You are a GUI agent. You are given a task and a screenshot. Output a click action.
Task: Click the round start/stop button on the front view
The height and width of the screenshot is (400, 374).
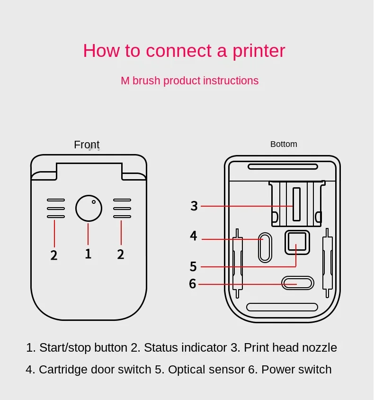click(x=89, y=208)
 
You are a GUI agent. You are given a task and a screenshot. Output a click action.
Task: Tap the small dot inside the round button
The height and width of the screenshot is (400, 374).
click(x=94, y=202)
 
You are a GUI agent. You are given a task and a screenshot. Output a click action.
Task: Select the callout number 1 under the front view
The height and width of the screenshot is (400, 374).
click(x=88, y=254)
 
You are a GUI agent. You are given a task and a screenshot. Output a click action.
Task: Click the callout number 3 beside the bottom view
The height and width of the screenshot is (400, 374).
click(x=194, y=206)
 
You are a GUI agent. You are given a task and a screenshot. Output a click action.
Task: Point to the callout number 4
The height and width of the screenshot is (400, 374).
click(x=193, y=236)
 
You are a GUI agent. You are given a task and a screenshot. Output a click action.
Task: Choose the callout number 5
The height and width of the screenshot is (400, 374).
click(x=193, y=266)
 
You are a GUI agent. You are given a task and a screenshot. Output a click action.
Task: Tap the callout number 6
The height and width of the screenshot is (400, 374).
click(x=192, y=284)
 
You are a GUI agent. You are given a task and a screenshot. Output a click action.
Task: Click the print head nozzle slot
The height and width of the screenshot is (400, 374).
click(x=296, y=204)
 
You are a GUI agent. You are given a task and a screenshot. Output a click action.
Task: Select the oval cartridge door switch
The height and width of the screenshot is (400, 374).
click(x=265, y=247)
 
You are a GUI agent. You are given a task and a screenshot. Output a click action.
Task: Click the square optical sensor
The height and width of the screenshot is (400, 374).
click(x=297, y=242)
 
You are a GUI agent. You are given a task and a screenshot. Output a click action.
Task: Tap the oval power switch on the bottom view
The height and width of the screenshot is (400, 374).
click(x=297, y=283)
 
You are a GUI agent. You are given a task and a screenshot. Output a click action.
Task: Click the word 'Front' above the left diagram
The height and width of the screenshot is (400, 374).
click(x=87, y=145)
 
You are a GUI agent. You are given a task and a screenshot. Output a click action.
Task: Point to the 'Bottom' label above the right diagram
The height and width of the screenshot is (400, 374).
click(x=284, y=144)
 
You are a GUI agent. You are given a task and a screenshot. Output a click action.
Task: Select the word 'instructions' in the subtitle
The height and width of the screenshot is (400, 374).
click(x=231, y=81)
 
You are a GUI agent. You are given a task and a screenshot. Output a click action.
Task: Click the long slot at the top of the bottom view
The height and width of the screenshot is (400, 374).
click(x=283, y=166)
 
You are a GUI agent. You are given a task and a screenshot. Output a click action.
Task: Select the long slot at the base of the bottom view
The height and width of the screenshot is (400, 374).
click(x=282, y=307)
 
